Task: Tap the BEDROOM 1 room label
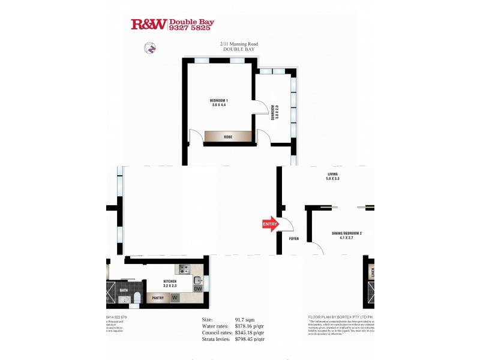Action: (x=218, y=102)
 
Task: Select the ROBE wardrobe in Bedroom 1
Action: (x=228, y=137)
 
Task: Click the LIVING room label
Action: (x=333, y=176)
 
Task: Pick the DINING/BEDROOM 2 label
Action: (x=347, y=235)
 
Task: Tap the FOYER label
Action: (x=293, y=239)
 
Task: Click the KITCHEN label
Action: (x=170, y=284)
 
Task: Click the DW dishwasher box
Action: (x=198, y=289)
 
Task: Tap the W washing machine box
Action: (x=175, y=297)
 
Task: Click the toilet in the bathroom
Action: (x=137, y=298)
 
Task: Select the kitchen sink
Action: (x=199, y=280)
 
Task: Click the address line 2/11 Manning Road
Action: (x=239, y=44)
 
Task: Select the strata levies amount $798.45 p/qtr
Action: (x=250, y=339)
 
